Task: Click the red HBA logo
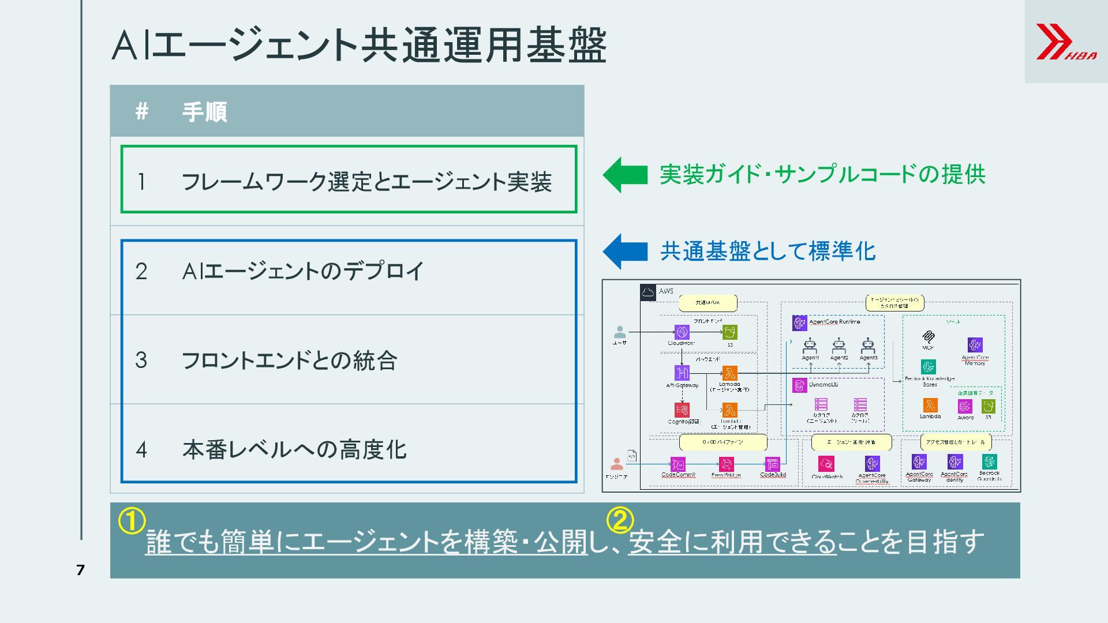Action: coord(1065,42)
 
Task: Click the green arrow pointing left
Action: coord(625,175)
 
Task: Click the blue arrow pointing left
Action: coord(625,252)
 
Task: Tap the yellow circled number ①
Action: coord(132,520)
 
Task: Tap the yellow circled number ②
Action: coord(620,520)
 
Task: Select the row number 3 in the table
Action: coord(141,361)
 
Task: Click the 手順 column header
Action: coord(204,111)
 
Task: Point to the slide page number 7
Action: coord(80,571)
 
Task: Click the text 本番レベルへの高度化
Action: coord(294,449)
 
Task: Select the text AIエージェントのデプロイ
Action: coord(303,271)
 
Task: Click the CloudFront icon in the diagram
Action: coord(682,332)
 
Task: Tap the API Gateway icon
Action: coord(682,373)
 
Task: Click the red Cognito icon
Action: coord(682,410)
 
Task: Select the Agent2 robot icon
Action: coord(839,346)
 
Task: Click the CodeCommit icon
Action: coord(677,464)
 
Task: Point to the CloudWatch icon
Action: coord(826,464)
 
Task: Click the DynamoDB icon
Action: coord(799,385)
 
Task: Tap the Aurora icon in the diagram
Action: coord(965,406)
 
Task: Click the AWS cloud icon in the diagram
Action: coord(648,292)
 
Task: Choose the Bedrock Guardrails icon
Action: coord(989,461)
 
